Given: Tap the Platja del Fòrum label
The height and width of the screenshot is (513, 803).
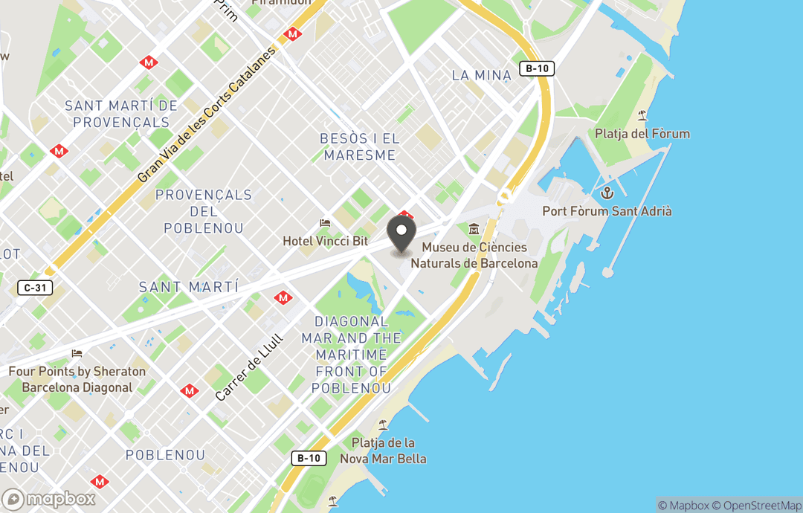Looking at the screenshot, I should (x=642, y=134).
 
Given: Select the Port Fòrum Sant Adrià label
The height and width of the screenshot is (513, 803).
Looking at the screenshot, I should (x=607, y=211).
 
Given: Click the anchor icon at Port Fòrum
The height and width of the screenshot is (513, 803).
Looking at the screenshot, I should (x=607, y=193).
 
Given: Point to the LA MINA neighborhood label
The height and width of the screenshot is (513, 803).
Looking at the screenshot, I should (x=482, y=75).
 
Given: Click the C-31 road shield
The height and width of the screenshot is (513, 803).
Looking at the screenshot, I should (x=35, y=287).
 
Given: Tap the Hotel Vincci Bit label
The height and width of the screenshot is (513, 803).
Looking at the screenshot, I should (x=325, y=241).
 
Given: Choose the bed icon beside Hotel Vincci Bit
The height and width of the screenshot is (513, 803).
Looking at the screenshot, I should (x=325, y=223).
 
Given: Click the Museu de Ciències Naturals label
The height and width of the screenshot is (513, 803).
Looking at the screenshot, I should (x=474, y=255).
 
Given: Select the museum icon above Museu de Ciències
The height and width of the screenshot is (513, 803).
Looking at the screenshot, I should (x=474, y=229).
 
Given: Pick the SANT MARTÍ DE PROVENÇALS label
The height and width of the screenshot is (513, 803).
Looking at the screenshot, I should (x=121, y=114).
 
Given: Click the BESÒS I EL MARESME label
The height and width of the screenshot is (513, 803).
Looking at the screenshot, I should (x=359, y=146).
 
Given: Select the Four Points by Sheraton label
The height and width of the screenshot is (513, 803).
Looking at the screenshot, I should (x=77, y=379).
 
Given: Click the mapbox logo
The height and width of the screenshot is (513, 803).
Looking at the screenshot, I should (x=49, y=499).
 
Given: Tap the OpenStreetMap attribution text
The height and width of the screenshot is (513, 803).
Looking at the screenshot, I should (x=758, y=506).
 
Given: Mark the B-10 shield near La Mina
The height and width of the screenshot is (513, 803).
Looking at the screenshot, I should (x=536, y=68).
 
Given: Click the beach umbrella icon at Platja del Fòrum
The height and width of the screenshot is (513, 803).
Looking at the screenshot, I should (x=642, y=115).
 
